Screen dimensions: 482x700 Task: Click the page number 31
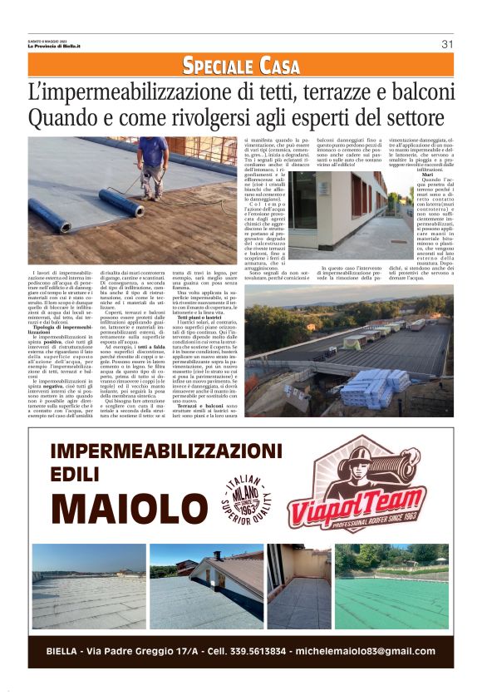pos(446,44)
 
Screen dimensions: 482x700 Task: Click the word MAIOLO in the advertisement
pos(128,506)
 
